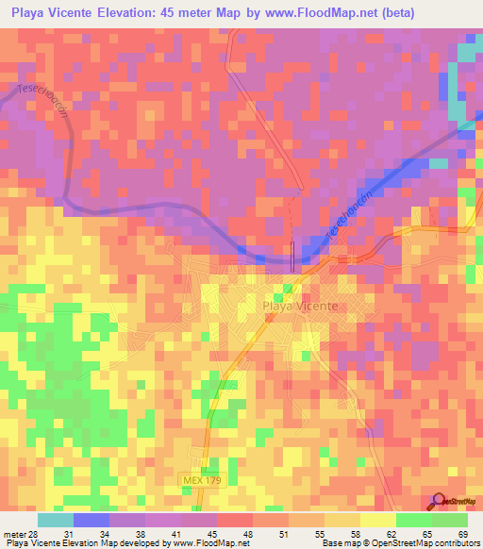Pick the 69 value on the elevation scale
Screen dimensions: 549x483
pyautogui.click(x=462, y=534)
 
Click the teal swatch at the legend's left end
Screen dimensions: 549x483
pyautogui.click(x=56, y=520)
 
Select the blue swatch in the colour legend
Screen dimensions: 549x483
pyautogui.click(x=92, y=520)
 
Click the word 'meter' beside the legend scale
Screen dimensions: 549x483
pyautogui.click(x=13, y=534)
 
